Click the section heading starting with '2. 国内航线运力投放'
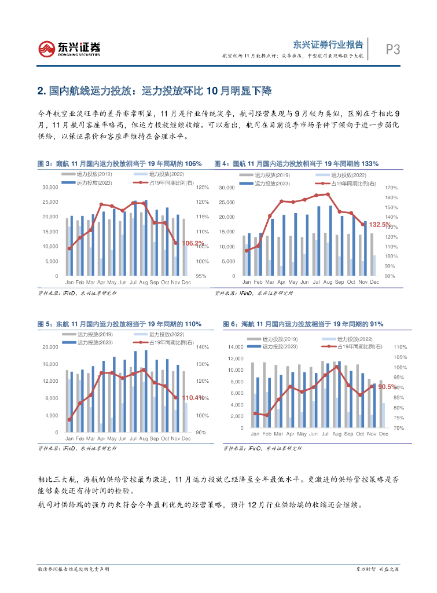tap(154, 91)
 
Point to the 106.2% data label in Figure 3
tap(193, 243)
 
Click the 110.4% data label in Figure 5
tap(193, 398)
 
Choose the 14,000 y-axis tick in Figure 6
tap(236, 347)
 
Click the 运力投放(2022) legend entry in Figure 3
tap(165, 174)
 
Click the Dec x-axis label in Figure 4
tap(374, 282)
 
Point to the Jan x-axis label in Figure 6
tap(254, 434)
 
